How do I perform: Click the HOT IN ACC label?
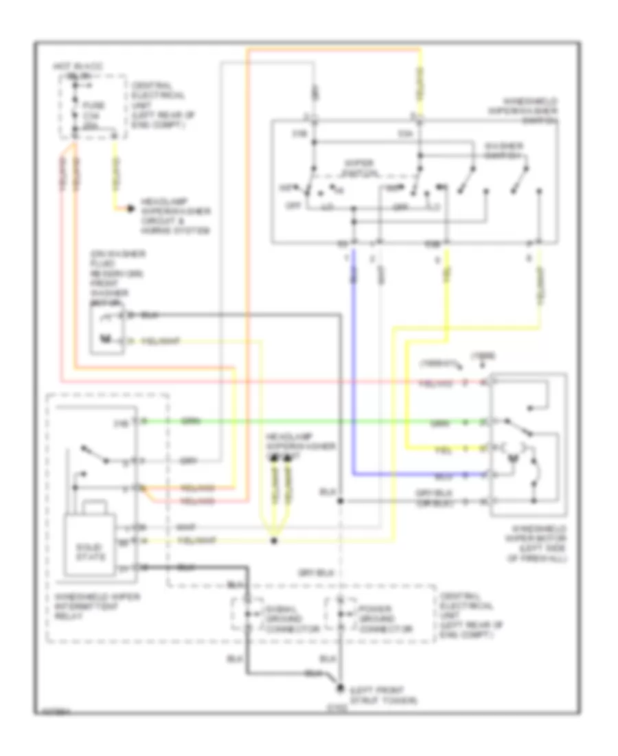tap(71, 66)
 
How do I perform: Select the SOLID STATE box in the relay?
tap(90, 550)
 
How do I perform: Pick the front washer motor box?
tap(107, 329)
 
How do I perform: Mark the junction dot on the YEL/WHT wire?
tap(273, 541)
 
